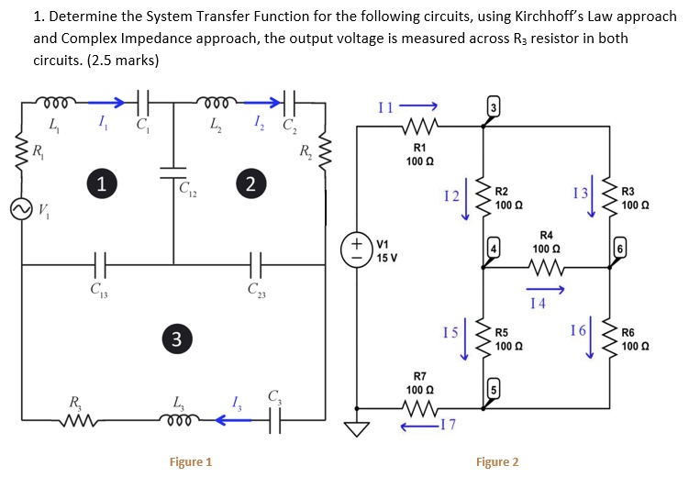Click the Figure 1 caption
pos(191,461)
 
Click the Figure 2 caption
pos(496,461)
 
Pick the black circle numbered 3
pos(175,338)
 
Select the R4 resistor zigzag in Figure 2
pos(546,268)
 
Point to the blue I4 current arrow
pos(546,290)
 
